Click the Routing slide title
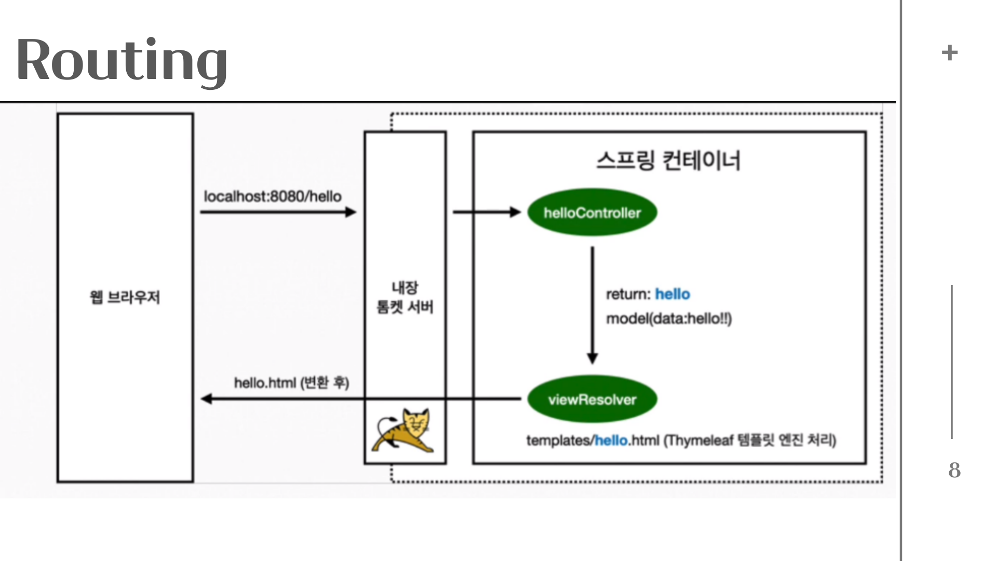122,60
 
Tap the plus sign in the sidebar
949,52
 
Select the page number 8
954,470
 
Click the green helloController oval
592,212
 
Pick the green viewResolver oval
592,399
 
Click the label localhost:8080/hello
273,196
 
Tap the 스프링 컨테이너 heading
668,160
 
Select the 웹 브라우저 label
125,297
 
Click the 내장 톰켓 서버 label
405,297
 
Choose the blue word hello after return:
672,294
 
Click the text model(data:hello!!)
669,318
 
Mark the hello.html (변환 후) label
291,383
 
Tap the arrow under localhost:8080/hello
278,212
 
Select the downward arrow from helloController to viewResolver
592,304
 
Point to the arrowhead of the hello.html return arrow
207,399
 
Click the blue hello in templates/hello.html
611,440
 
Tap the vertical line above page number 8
952,362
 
